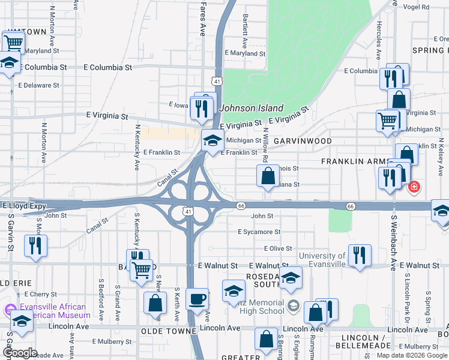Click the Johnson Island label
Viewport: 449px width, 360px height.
(x=252, y=108)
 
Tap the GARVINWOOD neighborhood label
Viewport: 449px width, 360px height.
(x=303, y=141)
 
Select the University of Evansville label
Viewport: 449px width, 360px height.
(x=322, y=260)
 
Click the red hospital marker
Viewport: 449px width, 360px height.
(x=413, y=188)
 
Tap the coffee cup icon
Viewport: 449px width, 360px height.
(x=197, y=298)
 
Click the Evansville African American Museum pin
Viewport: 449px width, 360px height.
(x=9, y=310)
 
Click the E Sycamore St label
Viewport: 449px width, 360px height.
(x=259, y=232)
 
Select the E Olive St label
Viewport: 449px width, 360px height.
(x=277, y=248)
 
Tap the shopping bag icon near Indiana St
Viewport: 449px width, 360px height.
(x=268, y=176)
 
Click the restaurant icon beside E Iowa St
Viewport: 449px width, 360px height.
(x=201, y=107)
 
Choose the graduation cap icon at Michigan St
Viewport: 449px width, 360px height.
(x=212, y=140)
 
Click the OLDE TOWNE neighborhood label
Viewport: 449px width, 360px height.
(x=169, y=331)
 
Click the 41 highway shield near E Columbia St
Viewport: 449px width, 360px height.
(x=216, y=80)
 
